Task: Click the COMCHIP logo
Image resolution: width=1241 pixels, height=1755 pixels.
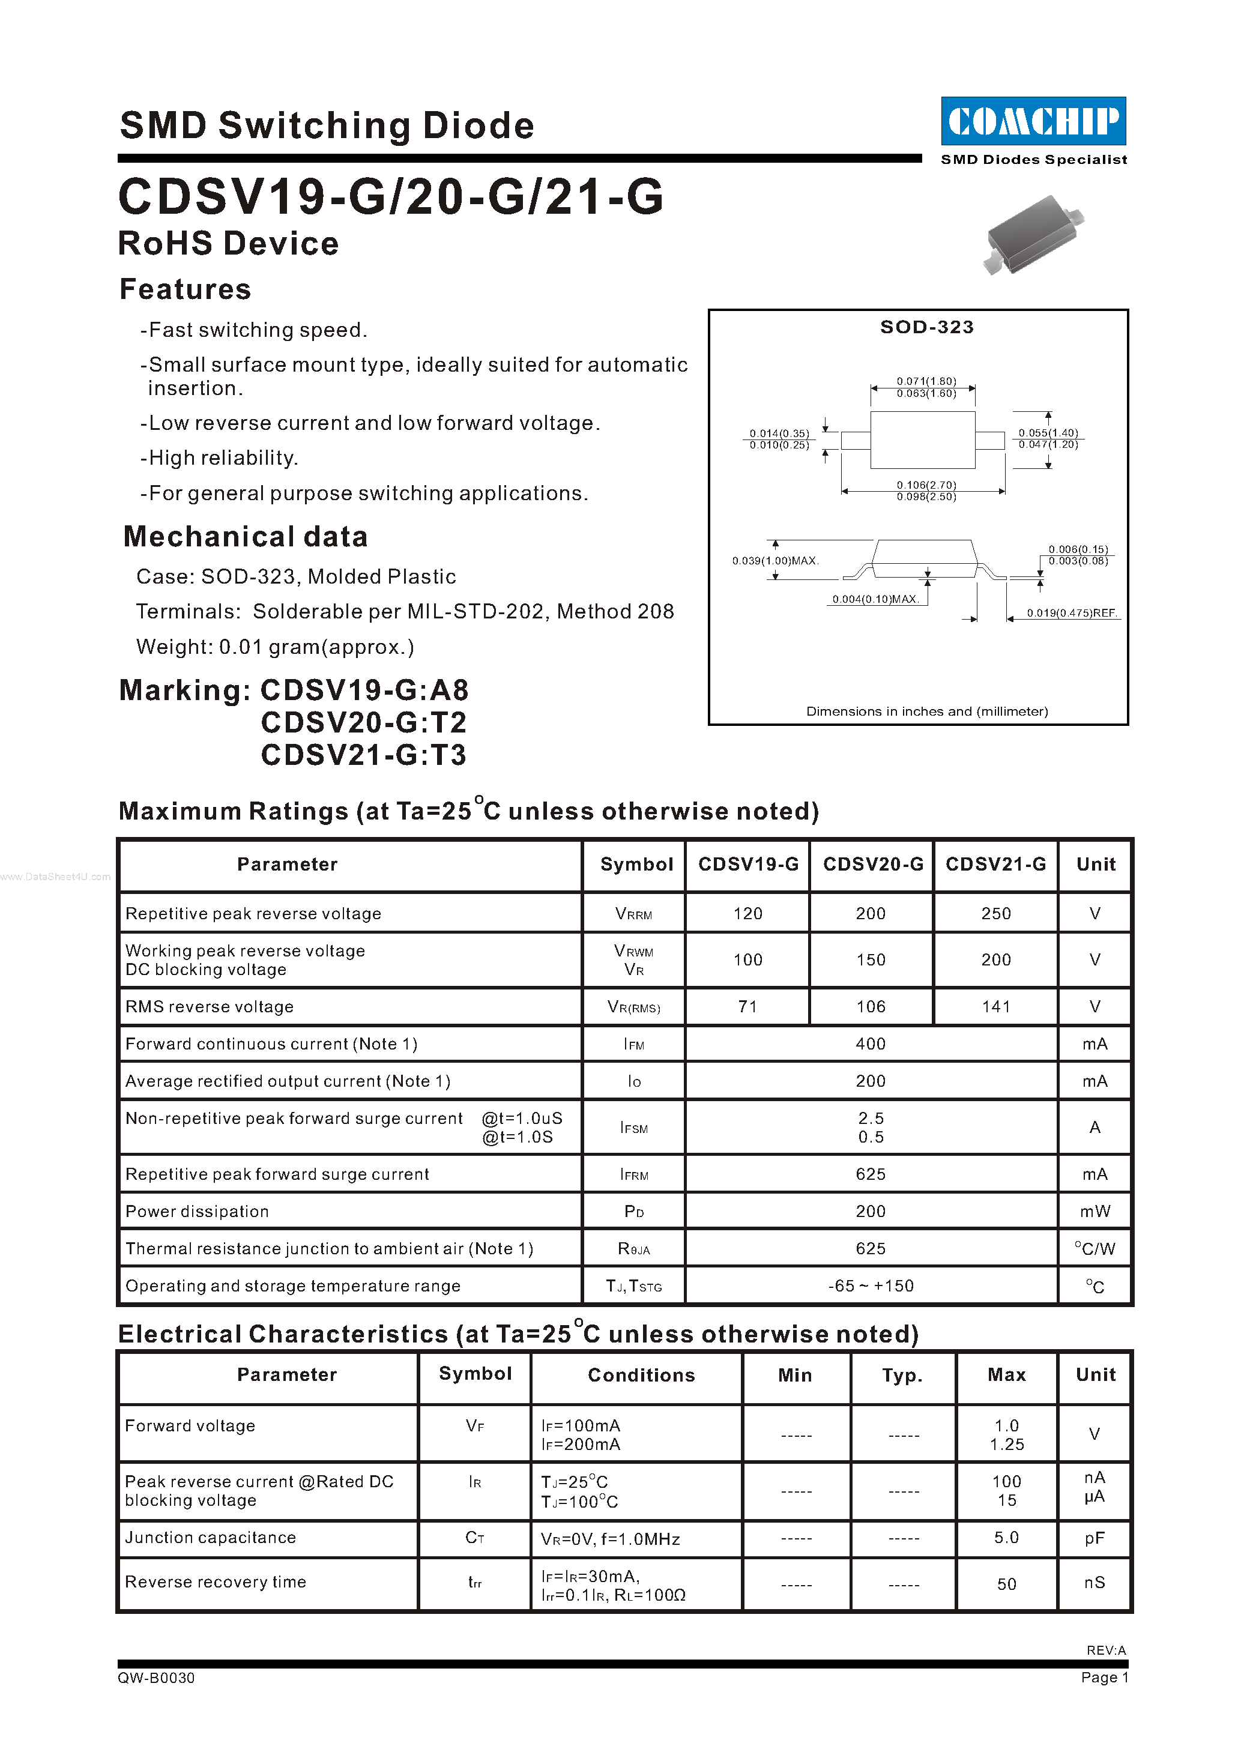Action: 1033,121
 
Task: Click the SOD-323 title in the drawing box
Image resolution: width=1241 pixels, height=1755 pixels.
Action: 926,327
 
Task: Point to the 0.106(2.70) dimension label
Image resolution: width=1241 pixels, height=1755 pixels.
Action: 926,485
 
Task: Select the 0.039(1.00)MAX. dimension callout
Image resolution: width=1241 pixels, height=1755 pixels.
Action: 775,561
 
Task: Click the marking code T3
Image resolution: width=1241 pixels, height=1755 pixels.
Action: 448,755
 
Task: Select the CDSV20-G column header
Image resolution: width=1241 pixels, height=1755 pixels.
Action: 873,865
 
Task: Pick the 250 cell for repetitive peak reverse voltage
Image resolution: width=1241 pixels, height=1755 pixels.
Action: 995,913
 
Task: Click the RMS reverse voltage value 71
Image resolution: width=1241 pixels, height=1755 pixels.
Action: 747,1007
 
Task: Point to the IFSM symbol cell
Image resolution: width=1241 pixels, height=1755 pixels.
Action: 633,1128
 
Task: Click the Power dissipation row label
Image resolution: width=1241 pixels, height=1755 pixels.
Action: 197,1212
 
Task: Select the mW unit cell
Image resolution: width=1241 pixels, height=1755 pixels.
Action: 1095,1212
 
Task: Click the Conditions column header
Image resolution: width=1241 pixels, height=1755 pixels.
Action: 641,1375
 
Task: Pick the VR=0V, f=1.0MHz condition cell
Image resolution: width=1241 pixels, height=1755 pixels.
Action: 610,1539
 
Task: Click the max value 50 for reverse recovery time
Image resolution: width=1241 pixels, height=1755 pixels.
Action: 1006,1584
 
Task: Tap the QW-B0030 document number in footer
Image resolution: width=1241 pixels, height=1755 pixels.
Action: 156,1678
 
